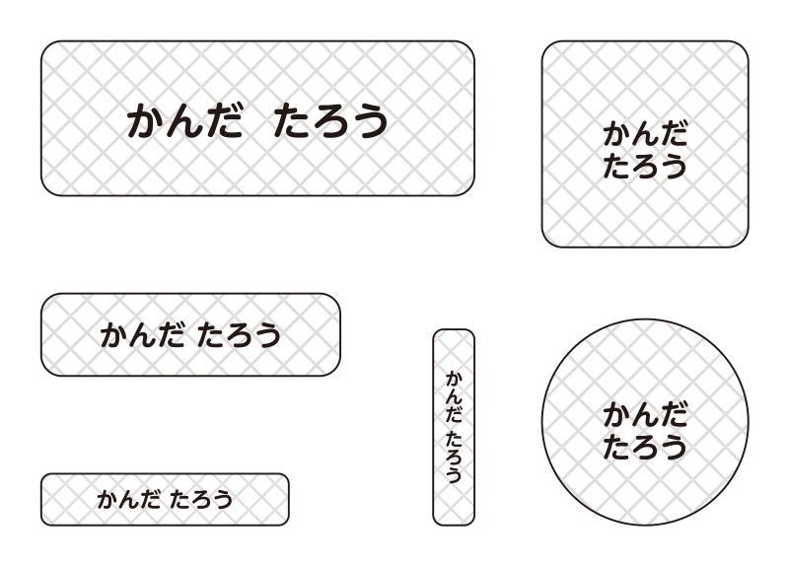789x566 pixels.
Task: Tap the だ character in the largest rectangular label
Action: [225, 120]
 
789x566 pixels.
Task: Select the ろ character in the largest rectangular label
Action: [330, 121]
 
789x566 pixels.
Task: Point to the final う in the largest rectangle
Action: [370, 121]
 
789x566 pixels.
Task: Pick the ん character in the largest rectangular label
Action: [184, 120]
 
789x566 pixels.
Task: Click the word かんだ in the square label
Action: [645, 134]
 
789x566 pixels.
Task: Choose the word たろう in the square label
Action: [645, 166]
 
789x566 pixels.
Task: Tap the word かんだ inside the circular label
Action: [645, 415]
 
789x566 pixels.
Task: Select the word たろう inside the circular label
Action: [645, 447]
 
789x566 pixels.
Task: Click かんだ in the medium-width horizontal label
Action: [142, 335]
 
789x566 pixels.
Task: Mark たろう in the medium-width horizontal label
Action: [239, 335]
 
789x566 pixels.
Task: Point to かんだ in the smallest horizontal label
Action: [129, 500]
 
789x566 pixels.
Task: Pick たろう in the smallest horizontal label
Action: [201, 500]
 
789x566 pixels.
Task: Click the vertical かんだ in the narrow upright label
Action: [454, 397]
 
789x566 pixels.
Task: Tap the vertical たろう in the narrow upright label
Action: [454, 457]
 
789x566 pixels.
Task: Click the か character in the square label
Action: [617, 134]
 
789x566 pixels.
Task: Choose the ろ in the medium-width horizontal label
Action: [239, 335]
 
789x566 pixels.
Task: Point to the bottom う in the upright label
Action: [454, 475]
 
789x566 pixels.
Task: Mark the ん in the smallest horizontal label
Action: [129, 500]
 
